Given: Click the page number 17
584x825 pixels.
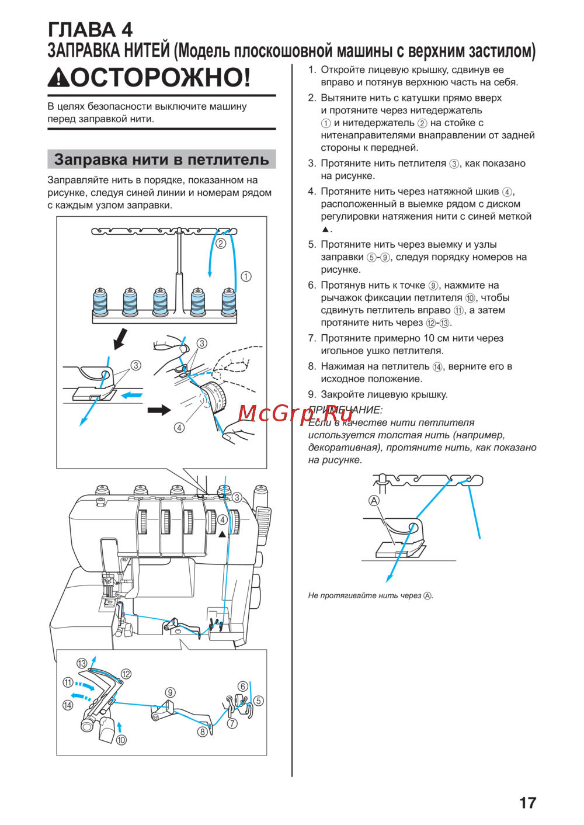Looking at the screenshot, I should [527, 803].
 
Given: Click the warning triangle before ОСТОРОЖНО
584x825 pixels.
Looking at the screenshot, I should [58, 78].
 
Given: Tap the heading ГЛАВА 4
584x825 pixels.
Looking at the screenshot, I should [90, 29].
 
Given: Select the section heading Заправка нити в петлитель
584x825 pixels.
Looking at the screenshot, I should [161, 160].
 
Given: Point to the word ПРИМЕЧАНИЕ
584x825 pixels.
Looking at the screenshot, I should [345, 410].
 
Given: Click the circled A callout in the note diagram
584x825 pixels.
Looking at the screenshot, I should [374, 501].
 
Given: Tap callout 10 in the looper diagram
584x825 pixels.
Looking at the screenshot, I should [121, 740].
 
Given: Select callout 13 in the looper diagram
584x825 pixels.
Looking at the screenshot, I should [82, 663].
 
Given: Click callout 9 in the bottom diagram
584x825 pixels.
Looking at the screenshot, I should [170, 692].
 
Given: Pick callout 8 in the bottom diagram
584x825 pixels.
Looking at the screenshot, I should [203, 732].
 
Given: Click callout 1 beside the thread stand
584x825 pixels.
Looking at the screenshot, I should [246, 276].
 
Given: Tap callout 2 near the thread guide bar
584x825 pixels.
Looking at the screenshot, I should [220, 244].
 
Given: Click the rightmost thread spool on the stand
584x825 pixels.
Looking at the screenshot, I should [228, 301].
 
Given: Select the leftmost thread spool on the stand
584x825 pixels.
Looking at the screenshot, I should [100, 301].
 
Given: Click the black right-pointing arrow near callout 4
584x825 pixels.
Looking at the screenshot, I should [158, 410].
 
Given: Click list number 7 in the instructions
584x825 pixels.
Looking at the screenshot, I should [312, 338].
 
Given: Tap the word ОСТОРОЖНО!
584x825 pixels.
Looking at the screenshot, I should [161, 77].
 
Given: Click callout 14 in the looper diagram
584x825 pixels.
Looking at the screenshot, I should [68, 705].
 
